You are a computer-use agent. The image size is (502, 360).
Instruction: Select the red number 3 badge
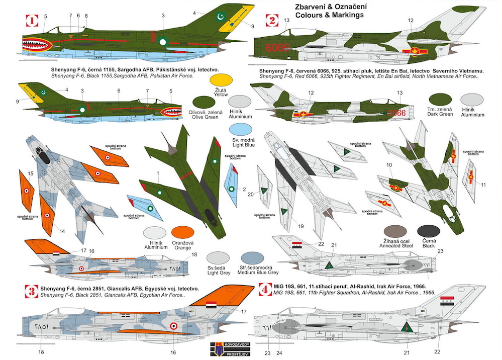(x=31, y=290)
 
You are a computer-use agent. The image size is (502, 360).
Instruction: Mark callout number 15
(x=30, y=173)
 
